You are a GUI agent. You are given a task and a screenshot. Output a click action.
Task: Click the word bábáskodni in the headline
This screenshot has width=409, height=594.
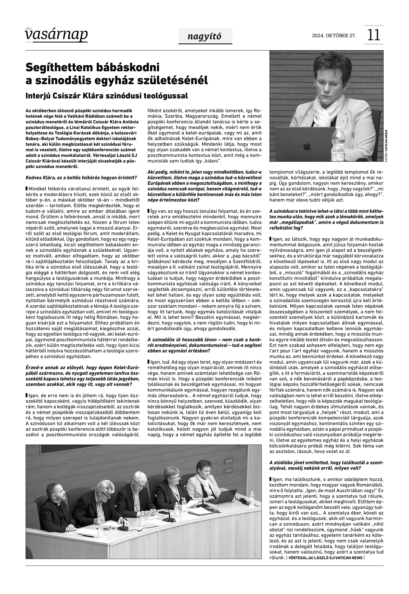128,67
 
